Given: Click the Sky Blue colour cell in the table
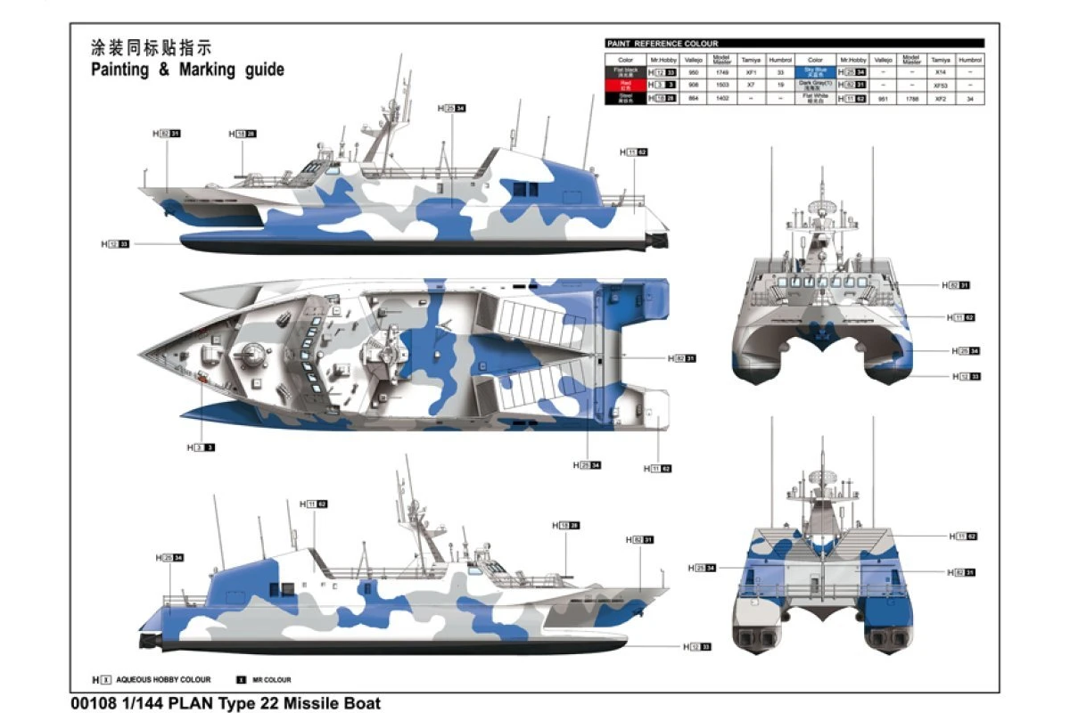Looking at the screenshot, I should pos(816,70).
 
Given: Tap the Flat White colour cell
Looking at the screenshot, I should pos(816,98).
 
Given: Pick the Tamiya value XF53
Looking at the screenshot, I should pos(940,85).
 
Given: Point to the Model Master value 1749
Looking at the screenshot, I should pos(723,70).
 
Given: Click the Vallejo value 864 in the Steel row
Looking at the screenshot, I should pos(693,98).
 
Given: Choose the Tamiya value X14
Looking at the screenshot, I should pos(940,70).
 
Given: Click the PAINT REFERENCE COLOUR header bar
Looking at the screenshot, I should pos(794,43).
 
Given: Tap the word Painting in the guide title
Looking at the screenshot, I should pos(120,70).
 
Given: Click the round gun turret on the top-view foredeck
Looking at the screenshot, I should pos(253,357).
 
